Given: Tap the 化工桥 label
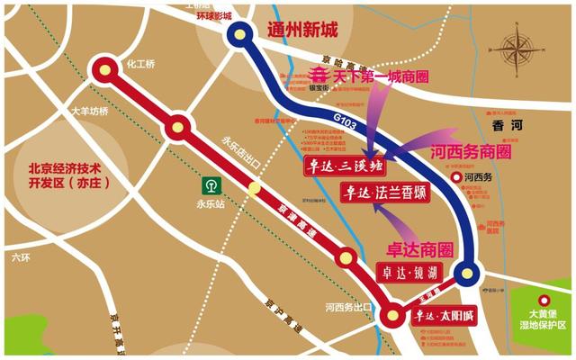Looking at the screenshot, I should point(141,65).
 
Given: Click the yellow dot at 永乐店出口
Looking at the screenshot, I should point(255,188).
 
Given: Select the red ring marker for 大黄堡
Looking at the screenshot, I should point(543,301).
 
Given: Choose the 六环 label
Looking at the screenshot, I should point(20,257).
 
